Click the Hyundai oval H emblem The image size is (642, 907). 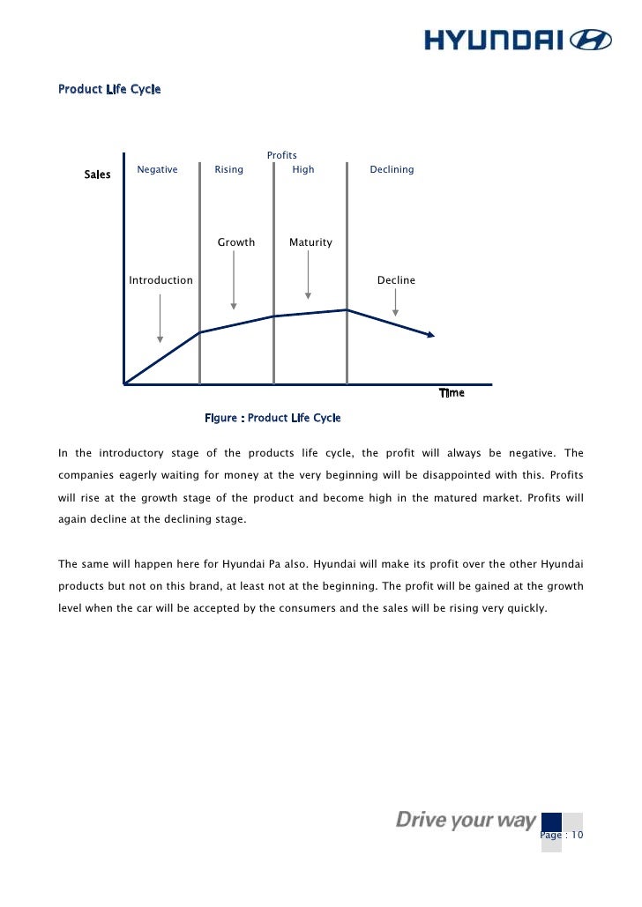point(592,40)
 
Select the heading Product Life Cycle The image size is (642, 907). point(109,89)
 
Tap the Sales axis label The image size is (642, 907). point(97,175)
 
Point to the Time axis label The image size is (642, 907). point(452,393)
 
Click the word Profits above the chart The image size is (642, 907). point(282,155)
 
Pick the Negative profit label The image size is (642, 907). point(157,169)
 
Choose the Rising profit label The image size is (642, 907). point(229,169)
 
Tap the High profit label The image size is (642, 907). point(302,169)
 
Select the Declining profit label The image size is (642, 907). point(392,169)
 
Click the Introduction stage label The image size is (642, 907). point(160,280)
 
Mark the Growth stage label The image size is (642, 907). point(236,242)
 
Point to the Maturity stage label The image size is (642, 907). point(310,242)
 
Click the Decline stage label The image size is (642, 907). point(396,280)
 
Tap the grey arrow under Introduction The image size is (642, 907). point(160,317)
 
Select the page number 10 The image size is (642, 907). point(577,836)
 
